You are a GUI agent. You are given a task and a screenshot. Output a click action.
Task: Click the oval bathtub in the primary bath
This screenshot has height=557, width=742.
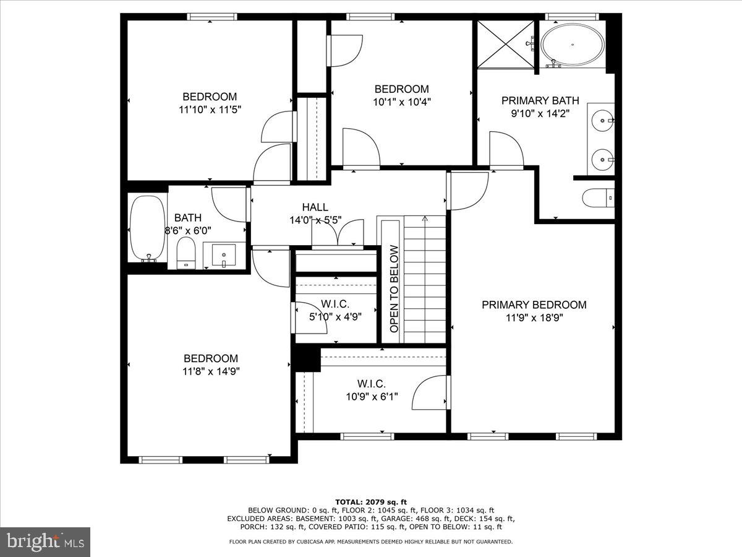pos(573,44)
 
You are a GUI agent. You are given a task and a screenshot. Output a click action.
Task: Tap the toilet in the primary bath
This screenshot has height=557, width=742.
pos(598,198)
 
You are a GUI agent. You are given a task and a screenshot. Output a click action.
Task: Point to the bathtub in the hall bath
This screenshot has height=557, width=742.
pos(147,229)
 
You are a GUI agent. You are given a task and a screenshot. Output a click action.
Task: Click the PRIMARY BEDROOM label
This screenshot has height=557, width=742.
pos(534,304)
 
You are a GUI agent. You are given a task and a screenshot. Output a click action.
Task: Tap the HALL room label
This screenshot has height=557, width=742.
pos(315,207)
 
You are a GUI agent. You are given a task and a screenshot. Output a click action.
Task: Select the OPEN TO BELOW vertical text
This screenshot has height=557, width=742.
pos(394,289)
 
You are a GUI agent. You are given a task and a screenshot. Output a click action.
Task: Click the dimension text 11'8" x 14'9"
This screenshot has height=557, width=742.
pos(210,371)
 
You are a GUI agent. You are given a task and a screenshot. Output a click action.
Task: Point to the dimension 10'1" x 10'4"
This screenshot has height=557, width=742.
pos(401,102)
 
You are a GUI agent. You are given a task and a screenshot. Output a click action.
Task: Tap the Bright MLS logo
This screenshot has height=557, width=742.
pos(45,542)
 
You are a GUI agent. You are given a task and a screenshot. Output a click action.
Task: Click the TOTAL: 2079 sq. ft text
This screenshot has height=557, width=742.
pos(370,502)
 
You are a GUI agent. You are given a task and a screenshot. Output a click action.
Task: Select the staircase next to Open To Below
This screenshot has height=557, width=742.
pos(425,278)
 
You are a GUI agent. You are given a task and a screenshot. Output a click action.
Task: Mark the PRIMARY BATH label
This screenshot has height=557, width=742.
pos(540,100)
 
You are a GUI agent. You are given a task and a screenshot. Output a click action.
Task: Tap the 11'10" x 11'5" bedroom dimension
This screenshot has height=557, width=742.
pos(209,110)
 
